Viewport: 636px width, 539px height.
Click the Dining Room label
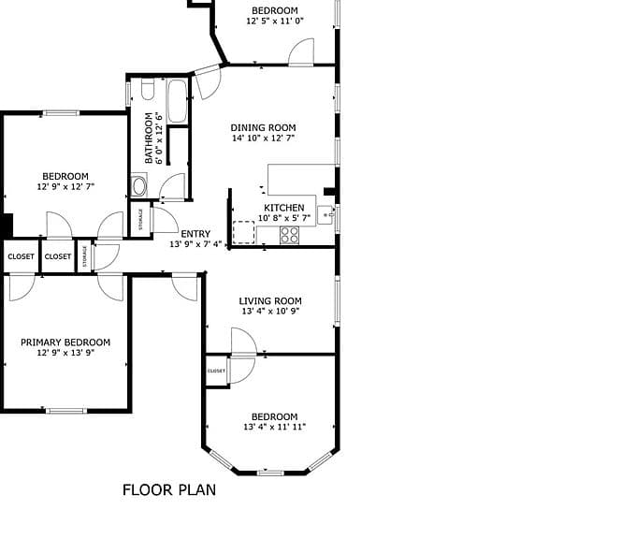coord(263,128)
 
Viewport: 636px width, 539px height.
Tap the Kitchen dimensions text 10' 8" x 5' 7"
coord(284,218)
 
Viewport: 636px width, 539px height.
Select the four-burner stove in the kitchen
coord(290,236)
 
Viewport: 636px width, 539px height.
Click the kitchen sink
coord(325,214)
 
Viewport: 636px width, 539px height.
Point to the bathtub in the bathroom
coord(178,101)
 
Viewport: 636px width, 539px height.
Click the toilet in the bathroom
coord(148,89)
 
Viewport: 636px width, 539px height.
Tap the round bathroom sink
coord(139,186)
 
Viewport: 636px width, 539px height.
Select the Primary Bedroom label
coord(65,342)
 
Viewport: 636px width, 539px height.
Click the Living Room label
coord(270,301)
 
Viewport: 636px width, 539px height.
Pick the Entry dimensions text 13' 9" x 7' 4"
coord(195,244)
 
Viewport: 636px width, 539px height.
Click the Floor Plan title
coord(169,490)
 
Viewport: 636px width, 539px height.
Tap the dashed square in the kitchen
coord(244,233)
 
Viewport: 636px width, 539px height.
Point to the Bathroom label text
coord(149,138)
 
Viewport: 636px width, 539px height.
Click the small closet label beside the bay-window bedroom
coord(216,371)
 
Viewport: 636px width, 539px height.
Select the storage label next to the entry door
coord(140,219)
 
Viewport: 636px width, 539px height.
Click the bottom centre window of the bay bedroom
coord(271,473)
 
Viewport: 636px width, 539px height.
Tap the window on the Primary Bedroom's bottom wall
coord(66,411)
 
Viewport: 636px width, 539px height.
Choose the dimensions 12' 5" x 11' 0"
coord(275,22)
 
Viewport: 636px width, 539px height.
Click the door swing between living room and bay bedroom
coord(244,342)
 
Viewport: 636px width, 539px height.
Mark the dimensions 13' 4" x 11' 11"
coord(275,427)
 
